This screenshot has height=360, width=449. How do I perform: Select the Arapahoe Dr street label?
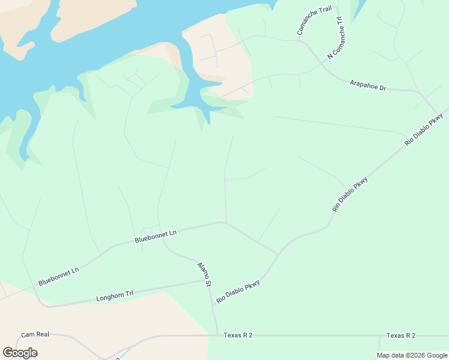pyautogui.click(x=368, y=85)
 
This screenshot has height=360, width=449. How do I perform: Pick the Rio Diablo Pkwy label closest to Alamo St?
pyautogui.click(x=238, y=292)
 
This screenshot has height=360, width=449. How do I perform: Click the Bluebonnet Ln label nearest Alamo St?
pyautogui.click(x=156, y=236)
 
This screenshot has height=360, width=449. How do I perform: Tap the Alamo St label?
pyautogui.click(x=205, y=274)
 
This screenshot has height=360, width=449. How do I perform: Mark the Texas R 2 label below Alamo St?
pyautogui.click(x=238, y=335)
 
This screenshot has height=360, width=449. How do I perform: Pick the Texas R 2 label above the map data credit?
pyautogui.click(x=401, y=335)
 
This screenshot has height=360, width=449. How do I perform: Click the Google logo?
pyautogui.click(x=20, y=353)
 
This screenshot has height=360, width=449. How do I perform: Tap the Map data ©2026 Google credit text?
pyautogui.click(x=412, y=355)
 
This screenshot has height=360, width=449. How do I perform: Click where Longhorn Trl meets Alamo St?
pyautogui.click(x=208, y=280)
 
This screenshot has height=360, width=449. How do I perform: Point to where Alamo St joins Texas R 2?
pyautogui.click(x=216, y=335)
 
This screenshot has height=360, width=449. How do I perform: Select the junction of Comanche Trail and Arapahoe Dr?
pyautogui.click(x=301, y=40)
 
